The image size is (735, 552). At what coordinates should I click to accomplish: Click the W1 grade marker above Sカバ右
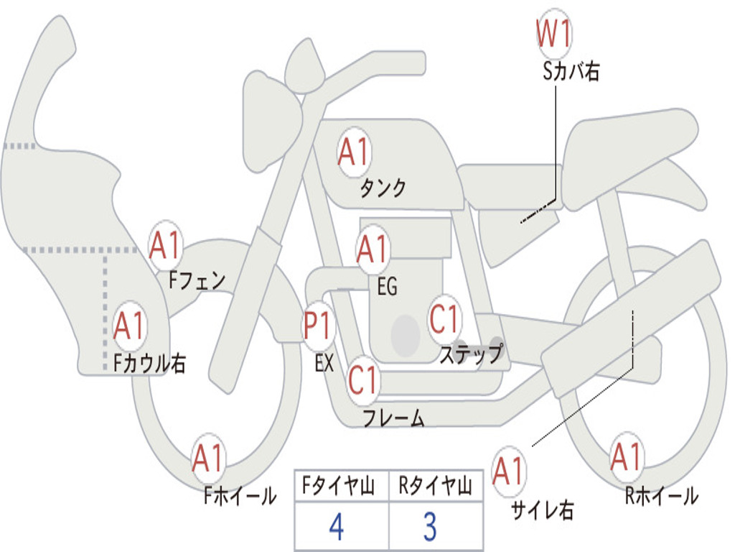pyautogui.click(x=555, y=34)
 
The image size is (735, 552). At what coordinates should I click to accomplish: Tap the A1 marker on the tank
pyautogui.click(x=353, y=152)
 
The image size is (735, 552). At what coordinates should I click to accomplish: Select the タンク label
pyautogui.click(x=383, y=188)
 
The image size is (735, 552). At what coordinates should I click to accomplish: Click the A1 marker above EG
pyautogui.click(x=373, y=249)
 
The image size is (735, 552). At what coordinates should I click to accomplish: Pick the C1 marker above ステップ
pyautogui.click(x=444, y=319)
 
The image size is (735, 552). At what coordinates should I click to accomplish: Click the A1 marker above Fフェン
pyautogui.click(x=166, y=246)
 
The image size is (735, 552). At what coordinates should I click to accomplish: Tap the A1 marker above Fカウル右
pyautogui.click(x=130, y=327)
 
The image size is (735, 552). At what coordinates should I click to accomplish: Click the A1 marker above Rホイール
pyautogui.click(x=627, y=458)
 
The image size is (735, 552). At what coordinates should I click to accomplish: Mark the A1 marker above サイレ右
pyautogui.click(x=509, y=472)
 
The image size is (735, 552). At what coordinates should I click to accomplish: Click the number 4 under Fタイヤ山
pyautogui.click(x=336, y=527)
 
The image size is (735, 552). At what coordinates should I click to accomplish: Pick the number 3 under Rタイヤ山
pyautogui.click(x=430, y=527)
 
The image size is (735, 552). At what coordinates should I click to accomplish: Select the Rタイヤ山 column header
pyautogui.click(x=435, y=488)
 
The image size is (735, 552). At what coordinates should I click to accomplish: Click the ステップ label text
pyautogui.click(x=471, y=354)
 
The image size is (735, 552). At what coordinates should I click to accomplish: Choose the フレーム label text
pyautogui.click(x=394, y=418)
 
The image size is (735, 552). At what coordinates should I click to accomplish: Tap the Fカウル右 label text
pyautogui.click(x=150, y=364)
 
